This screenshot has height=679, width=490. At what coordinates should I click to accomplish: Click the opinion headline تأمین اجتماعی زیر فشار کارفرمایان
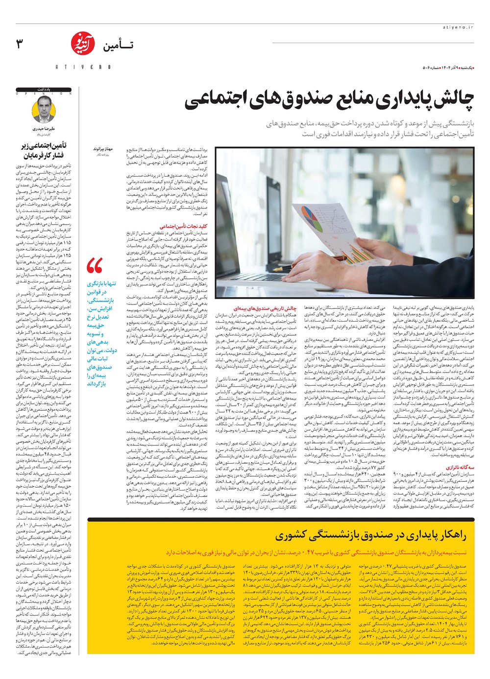[44, 150]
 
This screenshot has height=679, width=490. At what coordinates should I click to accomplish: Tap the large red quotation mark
[95, 266]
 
